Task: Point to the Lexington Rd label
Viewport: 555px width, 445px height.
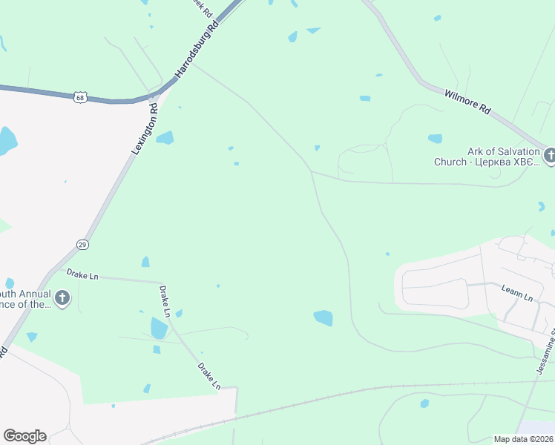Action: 145,129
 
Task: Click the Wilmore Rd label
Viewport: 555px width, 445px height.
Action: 467,101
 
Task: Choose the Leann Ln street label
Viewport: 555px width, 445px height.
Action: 517,297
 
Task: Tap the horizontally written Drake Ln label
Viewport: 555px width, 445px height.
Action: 82,276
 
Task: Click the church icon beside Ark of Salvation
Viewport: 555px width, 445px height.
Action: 550,155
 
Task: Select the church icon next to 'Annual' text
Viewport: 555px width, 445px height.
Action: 63,299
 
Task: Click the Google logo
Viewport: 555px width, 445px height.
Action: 24,436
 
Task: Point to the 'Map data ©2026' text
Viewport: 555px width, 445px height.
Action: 524,438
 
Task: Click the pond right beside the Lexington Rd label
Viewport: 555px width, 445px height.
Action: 165,137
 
